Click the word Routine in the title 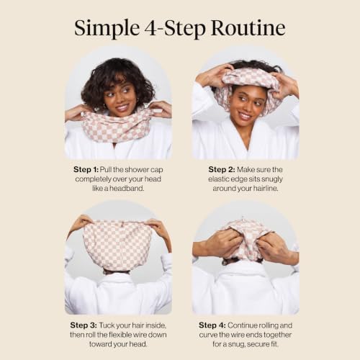tap(248, 28)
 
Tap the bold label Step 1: tap(86, 170)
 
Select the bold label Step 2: tap(222, 170)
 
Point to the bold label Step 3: tap(84, 325)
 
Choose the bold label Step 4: tap(212, 325)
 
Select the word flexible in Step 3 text tap(120, 335)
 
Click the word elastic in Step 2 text tap(218, 179)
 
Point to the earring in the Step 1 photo tap(104, 106)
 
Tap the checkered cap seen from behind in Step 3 tap(117, 245)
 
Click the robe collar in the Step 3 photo tap(117, 279)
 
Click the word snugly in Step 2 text tap(272, 179)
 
